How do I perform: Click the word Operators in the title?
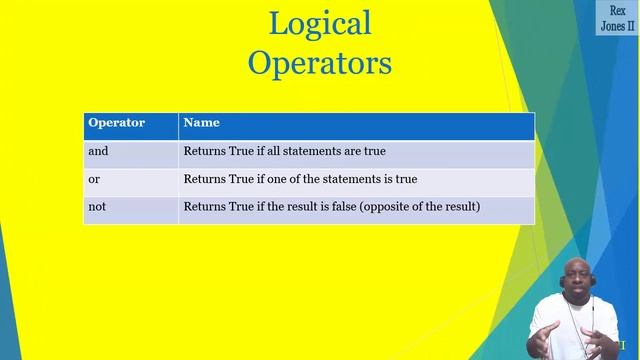pyautogui.click(x=320, y=63)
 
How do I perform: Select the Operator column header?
pyautogui.click(x=117, y=123)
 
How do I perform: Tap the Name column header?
pyautogui.click(x=202, y=123)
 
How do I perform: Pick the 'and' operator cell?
pyautogui.click(x=98, y=152)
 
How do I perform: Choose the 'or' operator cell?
pyautogui.click(x=94, y=179)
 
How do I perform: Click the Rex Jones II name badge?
pyautogui.click(x=616, y=18)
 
